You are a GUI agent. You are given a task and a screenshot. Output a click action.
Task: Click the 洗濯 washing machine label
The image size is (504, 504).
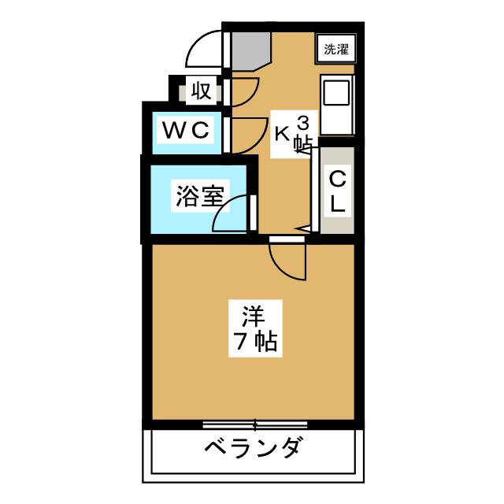point(335,50)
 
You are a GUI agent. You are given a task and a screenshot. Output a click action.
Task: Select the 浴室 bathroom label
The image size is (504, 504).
point(200,195)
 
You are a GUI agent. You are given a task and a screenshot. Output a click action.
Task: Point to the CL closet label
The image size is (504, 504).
point(338,191)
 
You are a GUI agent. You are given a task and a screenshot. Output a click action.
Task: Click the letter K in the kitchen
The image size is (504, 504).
point(282,133)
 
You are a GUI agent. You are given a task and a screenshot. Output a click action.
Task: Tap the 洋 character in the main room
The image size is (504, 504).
point(251,317)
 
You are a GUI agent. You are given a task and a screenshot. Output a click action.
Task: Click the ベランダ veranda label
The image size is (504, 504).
point(253,450)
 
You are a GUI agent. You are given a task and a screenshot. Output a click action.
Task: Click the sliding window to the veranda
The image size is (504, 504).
point(254,424)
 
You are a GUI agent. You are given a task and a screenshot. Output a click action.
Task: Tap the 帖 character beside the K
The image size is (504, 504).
point(302,143)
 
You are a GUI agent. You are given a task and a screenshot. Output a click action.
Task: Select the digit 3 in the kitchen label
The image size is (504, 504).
point(303,123)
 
